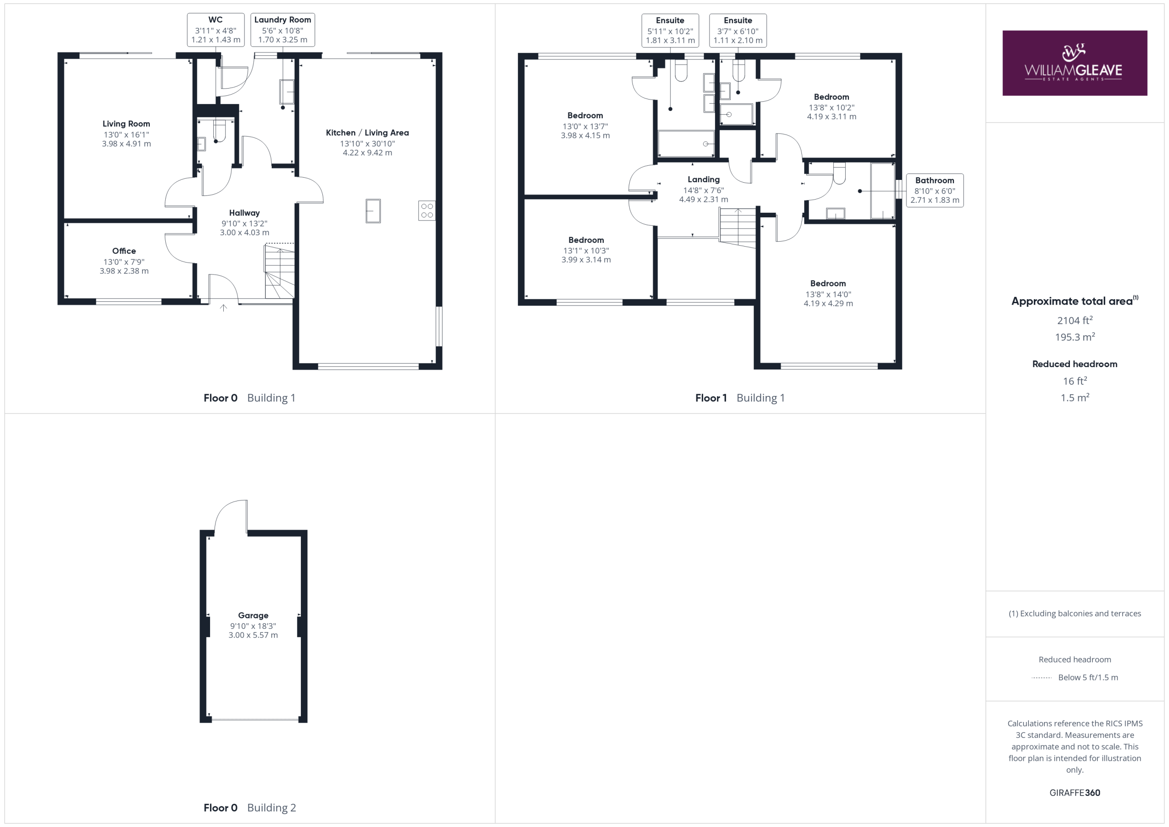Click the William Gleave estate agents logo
tap(1074, 63)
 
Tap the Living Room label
tap(126, 124)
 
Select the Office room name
tap(124, 251)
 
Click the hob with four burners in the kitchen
tap(427, 211)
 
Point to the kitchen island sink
tap(373, 211)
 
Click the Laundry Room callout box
tap(283, 30)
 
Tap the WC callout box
tap(216, 30)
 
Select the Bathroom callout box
tap(935, 190)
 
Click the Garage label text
tap(253, 615)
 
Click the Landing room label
tap(704, 179)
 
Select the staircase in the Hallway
tap(279, 271)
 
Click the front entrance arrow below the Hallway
tap(223, 308)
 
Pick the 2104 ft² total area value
tap(1075, 320)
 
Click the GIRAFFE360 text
tap(1075, 792)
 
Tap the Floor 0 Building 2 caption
tap(249, 808)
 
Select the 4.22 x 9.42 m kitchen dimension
tap(368, 153)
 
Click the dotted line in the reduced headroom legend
tap(1042, 678)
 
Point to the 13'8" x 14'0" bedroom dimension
tap(828, 295)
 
